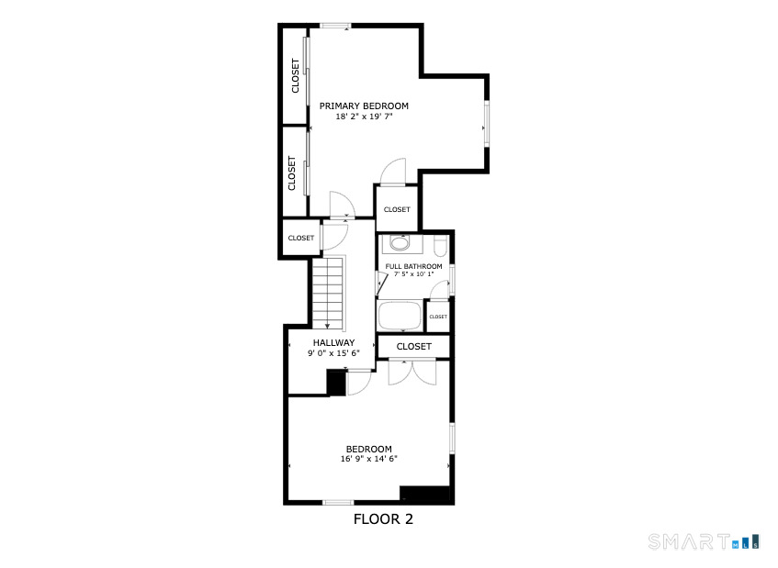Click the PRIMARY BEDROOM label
[x=364, y=106]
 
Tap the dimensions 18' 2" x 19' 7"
[x=364, y=117]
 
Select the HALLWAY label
[x=333, y=342]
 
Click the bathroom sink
[x=399, y=244]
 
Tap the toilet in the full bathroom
[x=440, y=245]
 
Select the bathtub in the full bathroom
[x=400, y=317]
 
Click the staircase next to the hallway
[x=328, y=292]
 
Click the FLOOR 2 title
[x=383, y=519]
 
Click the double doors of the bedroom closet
[x=412, y=373]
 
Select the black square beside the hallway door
[x=337, y=383]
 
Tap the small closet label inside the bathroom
[x=438, y=317]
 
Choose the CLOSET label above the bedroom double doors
[x=414, y=346]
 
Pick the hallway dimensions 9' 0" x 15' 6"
[x=333, y=352]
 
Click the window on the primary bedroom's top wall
[x=335, y=26]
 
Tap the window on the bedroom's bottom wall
[x=338, y=502]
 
